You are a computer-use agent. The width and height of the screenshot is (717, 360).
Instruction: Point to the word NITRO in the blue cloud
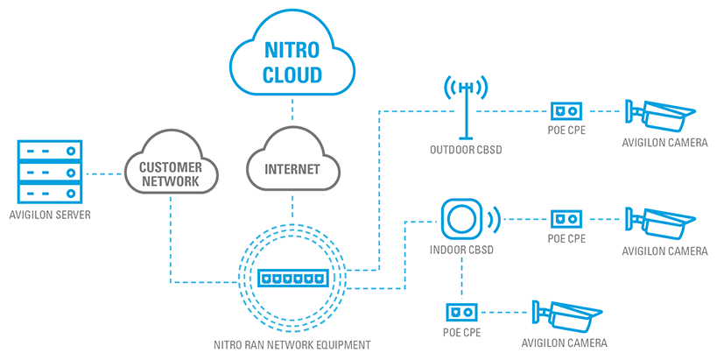coord(292,52)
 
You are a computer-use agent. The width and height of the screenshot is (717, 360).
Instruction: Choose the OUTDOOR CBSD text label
coord(465,150)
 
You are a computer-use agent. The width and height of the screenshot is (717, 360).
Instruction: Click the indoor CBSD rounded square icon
coord(461,216)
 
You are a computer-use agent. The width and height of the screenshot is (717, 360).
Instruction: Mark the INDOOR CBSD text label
coord(461,252)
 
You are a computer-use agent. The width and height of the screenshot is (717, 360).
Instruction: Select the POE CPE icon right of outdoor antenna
coord(565,111)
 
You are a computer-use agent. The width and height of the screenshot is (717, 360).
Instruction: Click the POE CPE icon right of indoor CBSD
coord(565,217)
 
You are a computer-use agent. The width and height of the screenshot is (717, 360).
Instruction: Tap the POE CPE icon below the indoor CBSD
coord(461,311)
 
